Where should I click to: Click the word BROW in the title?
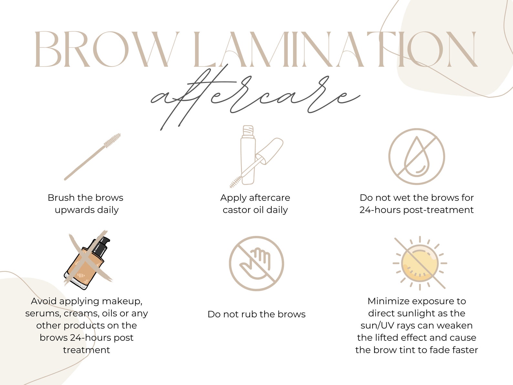(107, 49)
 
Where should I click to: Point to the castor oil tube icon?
(248, 155)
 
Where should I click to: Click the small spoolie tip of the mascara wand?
(236, 182)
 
